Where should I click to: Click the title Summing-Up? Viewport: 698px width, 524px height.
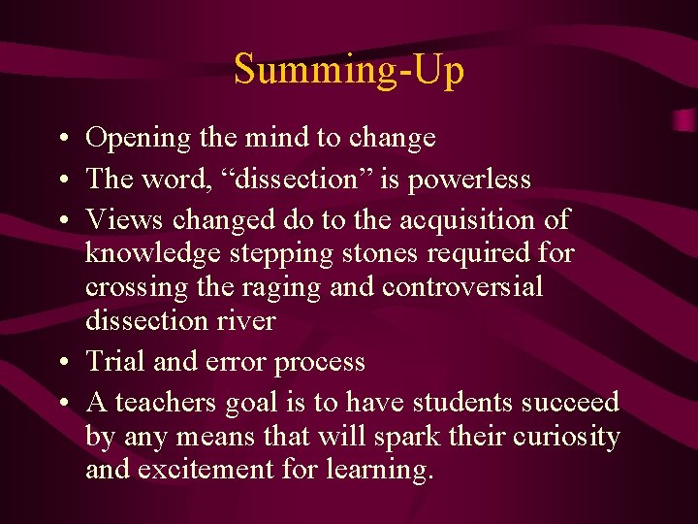349,70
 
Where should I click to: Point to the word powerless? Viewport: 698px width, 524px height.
475,180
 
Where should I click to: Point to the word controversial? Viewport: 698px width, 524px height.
462,287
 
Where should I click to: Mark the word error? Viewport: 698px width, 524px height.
236,363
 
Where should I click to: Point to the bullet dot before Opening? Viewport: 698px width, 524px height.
61,140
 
